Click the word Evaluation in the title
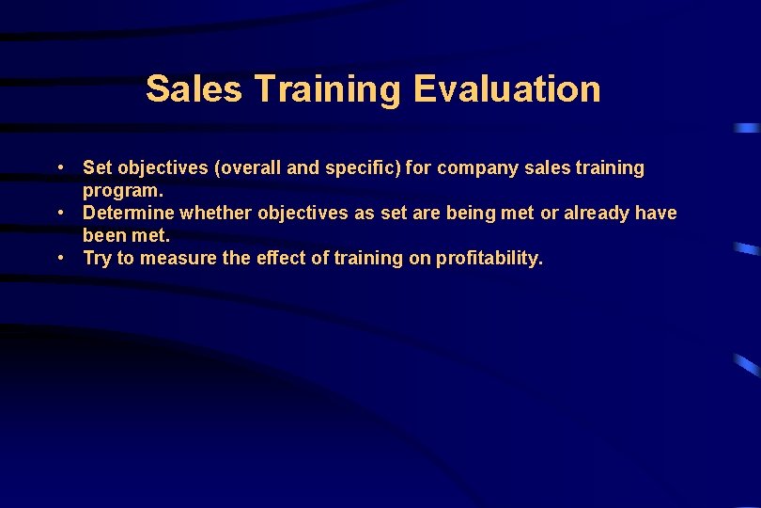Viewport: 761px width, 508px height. coord(506,89)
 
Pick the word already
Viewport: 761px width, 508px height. coord(596,214)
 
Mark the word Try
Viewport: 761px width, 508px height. coord(98,259)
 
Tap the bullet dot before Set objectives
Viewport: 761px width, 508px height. coord(60,168)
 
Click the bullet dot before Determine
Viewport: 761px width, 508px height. coord(60,214)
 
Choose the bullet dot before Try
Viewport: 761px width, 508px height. coord(60,258)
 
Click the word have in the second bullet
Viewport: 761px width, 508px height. coord(656,214)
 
